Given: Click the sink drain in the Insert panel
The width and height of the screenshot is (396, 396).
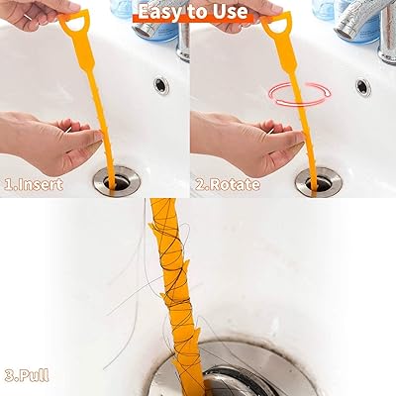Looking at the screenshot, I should coord(118,180).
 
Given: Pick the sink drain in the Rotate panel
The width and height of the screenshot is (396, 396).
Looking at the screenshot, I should coord(317,180).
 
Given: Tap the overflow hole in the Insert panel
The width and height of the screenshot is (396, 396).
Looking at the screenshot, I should coord(160,85).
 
